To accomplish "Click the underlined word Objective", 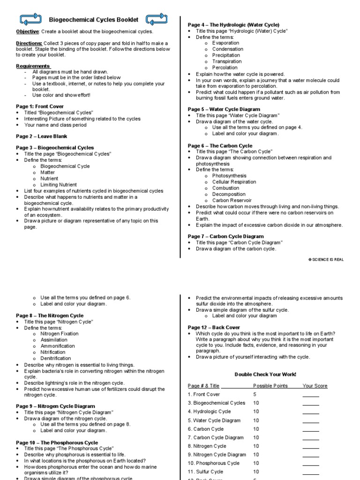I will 27,31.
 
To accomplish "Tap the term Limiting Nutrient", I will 59,185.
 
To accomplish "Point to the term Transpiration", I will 227,61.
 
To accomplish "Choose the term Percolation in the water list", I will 225,67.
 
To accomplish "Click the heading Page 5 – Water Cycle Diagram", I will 224,109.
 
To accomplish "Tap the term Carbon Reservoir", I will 232,200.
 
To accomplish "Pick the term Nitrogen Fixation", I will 60,334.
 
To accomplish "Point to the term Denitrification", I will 56,358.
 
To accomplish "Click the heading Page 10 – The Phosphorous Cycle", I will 57,442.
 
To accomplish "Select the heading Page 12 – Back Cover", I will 214,327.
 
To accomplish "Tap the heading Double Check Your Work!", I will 265,374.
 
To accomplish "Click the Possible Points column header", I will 270,386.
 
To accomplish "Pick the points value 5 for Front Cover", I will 255,395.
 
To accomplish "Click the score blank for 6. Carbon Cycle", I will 311,429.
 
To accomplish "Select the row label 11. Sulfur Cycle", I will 206,472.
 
